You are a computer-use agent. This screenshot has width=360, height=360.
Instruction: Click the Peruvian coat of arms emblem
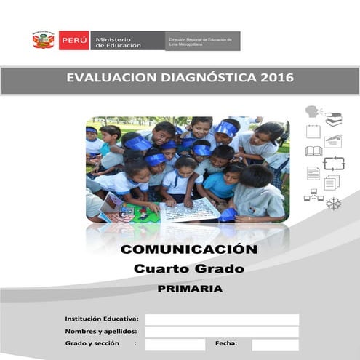point(43,40)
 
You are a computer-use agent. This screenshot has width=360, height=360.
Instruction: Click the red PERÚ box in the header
point(73,40)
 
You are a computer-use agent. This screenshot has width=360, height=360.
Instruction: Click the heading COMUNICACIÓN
point(188,249)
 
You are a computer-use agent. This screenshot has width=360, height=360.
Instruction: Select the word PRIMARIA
point(189,289)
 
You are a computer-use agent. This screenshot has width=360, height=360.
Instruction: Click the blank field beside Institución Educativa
point(221,319)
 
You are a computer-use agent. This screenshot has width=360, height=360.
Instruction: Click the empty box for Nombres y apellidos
point(221,332)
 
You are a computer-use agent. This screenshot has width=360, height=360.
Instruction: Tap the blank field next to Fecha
point(275,344)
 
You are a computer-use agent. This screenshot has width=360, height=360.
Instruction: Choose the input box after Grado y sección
point(174,344)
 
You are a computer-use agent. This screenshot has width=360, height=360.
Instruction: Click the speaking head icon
point(313,113)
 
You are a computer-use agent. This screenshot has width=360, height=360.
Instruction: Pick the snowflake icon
point(333,203)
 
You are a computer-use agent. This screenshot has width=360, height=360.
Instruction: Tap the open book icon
point(313,151)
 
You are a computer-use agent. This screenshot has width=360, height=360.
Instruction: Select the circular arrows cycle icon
point(333,163)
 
